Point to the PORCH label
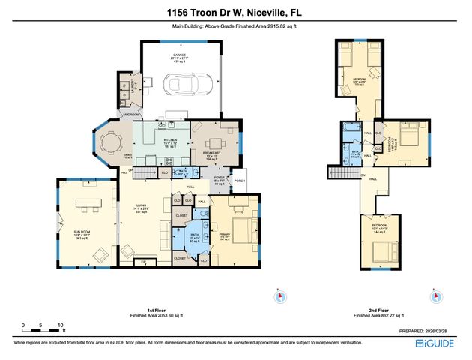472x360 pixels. click(240, 181)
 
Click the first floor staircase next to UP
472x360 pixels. click(148, 172)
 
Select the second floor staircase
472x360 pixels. click(342, 173)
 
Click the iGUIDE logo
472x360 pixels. click(441, 344)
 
